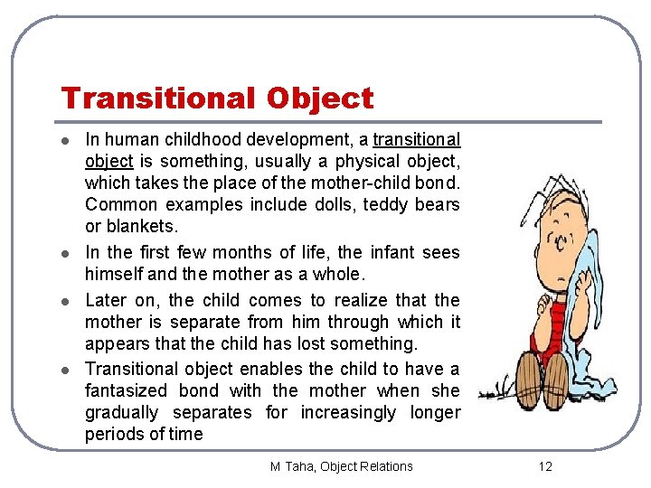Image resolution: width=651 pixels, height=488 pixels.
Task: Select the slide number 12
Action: point(544,466)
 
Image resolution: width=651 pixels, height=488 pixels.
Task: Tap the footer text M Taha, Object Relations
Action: point(341,466)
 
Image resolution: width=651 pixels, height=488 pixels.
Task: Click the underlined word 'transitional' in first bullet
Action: point(416,140)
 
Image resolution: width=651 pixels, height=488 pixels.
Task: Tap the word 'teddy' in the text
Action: point(384,205)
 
